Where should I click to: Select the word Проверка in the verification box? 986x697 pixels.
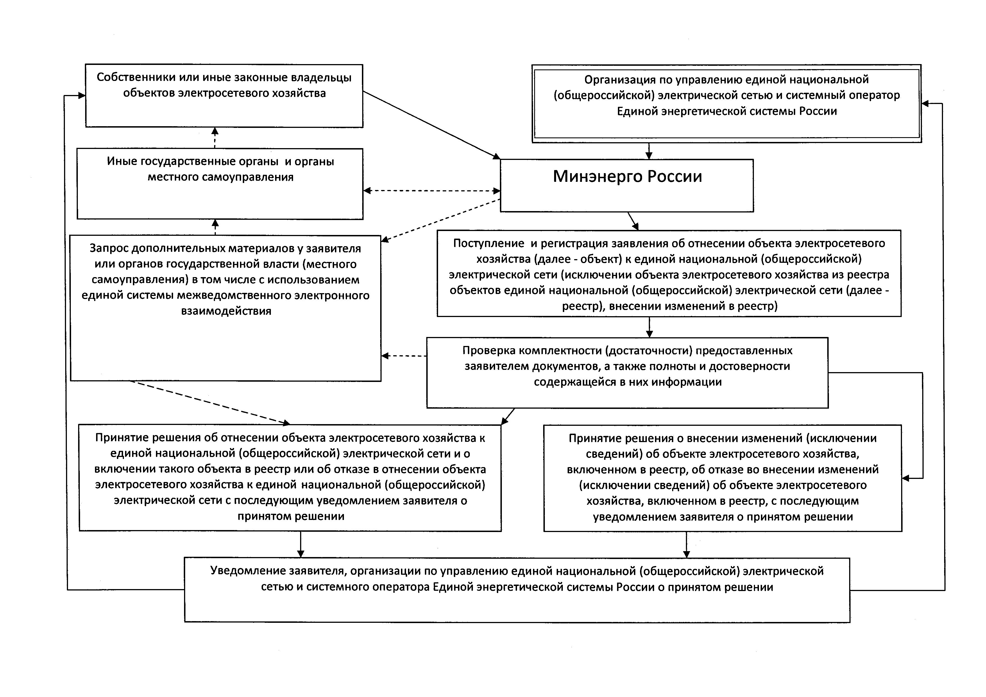click(x=489, y=351)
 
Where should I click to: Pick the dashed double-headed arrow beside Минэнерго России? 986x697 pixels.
click(x=432, y=191)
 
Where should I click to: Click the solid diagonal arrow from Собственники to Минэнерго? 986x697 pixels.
click(x=432, y=125)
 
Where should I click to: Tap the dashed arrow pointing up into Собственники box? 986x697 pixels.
click(x=215, y=138)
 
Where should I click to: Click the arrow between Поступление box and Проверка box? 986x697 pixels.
click(x=649, y=327)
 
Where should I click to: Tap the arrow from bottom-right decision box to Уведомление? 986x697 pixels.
click(x=686, y=545)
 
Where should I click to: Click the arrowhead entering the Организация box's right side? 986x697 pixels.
click(x=926, y=103)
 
